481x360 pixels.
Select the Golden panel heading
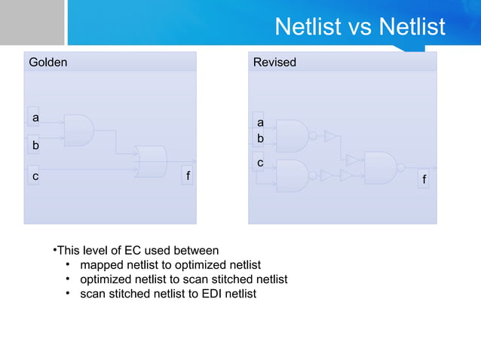click(x=47, y=63)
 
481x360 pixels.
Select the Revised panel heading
click(x=274, y=63)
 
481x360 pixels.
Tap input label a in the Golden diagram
click(x=35, y=117)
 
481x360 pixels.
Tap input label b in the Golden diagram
click(x=35, y=144)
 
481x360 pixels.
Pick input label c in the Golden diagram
click(x=35, y=175)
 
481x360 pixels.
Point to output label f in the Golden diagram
click(x=187, y=176)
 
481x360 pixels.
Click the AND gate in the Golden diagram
click(x=78, y=130)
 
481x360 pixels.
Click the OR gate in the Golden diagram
click(x=150, y=161)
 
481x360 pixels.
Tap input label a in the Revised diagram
click(x=260, y=122)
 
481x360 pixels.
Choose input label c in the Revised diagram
click(x=260, y=163)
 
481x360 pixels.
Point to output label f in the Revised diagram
click(x=424, y=180)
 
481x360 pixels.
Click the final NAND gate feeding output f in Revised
click(x=381, y=167)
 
